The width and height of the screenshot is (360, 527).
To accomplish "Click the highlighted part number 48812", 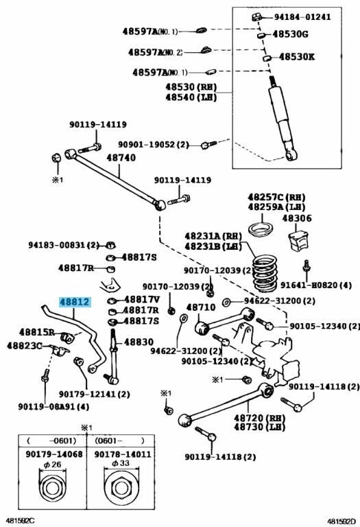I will (x=73, y=301).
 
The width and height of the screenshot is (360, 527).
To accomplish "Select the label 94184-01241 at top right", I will (x=307, y=16).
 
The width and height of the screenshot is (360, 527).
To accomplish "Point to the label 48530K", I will (x=294, y=57).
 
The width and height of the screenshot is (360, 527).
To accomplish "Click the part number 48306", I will (x=298, y=218).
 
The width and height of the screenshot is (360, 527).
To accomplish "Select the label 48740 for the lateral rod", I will (x=121, y=157).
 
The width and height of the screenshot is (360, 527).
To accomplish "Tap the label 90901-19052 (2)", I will (x=153, y=145).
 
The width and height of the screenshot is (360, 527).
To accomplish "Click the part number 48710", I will (x=200, y=307).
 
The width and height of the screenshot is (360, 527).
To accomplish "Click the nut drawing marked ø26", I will (x=53, y=488).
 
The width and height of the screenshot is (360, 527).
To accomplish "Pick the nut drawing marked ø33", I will (x=119, y=489).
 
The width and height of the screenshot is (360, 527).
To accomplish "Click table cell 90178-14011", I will (x=119, y=454).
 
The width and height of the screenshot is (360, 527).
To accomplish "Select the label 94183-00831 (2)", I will (x=63, y=244).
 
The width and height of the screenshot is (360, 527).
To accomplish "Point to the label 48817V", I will (x=141, y=299).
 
